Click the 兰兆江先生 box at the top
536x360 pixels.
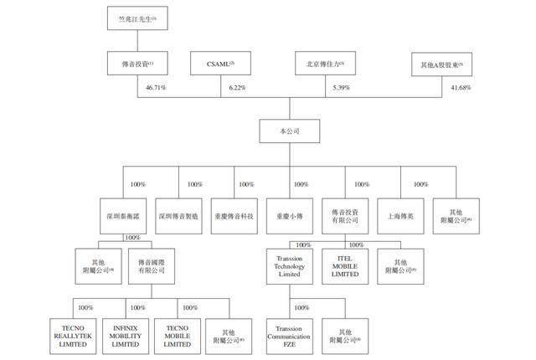click(137, 18)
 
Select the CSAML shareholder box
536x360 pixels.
click(220, 64)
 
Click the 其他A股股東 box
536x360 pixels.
click(443, 64)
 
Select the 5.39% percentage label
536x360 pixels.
click(339, 87)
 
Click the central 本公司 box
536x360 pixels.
click(290, 132)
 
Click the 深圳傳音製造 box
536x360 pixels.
click(178, 215)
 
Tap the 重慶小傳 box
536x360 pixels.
click(290, 215)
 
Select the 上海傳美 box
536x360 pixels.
click(401, 215)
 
